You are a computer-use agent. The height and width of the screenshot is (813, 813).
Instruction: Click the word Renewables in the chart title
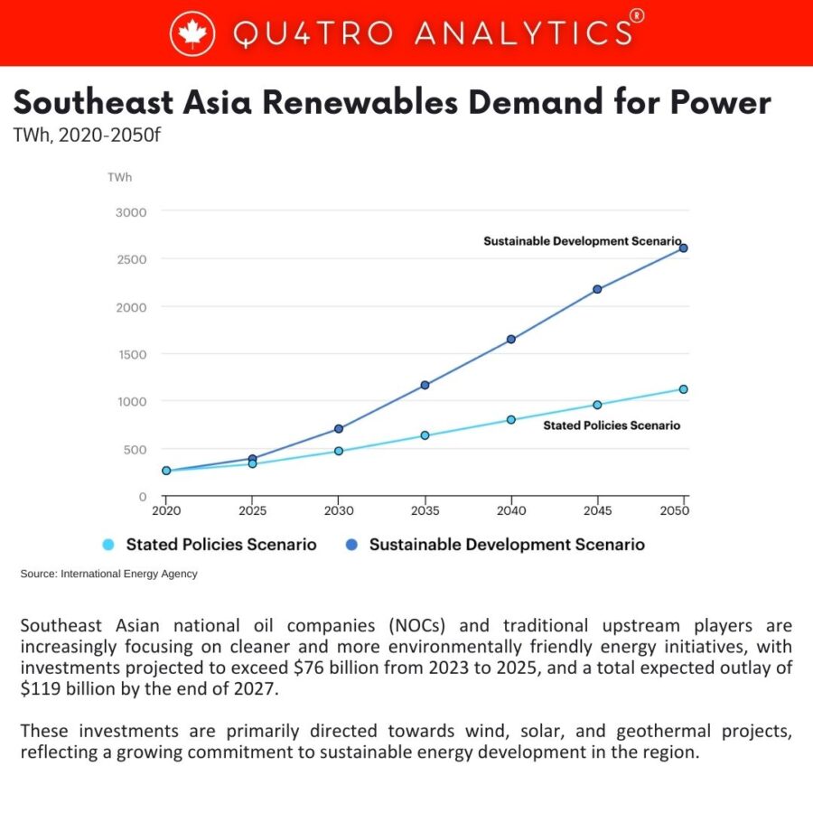[x=359, y=102]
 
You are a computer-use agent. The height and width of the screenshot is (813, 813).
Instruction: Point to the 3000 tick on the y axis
[x=132, y=211]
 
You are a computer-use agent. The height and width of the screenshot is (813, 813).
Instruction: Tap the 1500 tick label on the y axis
[x=132, y=354]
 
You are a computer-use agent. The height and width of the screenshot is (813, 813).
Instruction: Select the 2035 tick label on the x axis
[x=425, y=511]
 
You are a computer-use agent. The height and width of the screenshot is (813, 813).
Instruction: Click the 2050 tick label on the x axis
[x=675, y=511]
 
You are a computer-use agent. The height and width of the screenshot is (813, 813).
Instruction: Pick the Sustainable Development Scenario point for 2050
[x=683, y=248]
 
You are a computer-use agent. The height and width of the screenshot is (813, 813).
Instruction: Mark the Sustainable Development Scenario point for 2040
[x=511, y=340]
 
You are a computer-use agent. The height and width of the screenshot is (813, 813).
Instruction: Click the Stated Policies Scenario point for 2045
[x=597, y=405]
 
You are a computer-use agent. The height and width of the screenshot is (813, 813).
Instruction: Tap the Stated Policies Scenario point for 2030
[x=339, y=451]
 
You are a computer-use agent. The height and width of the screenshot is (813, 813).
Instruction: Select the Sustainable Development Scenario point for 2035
[x=425, y=385]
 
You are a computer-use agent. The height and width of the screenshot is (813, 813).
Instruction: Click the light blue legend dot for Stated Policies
[x=108, y=545]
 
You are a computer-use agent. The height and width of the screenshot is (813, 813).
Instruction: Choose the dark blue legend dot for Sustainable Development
[x=351, y=545]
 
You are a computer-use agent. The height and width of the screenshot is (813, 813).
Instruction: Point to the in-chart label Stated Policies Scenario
[x=611, y=425]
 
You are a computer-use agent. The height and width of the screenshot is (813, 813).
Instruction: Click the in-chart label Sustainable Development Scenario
[x=582, y=241]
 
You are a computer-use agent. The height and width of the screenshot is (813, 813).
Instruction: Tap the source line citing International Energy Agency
[x=108, y=574]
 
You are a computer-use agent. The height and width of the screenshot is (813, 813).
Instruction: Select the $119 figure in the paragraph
[x=37, y=688]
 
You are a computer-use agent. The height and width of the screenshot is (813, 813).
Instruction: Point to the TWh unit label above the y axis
[x=119, y=177]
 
